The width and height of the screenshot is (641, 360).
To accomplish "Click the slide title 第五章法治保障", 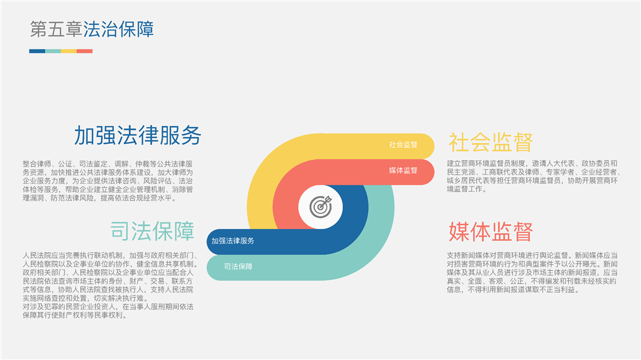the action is coord(92,29).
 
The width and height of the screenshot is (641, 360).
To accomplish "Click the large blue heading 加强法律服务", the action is coord(138,135).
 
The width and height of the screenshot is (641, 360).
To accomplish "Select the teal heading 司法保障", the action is coord(152,231).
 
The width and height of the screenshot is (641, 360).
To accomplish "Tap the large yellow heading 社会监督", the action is coord(491,143).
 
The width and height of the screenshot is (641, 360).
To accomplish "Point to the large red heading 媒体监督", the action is coord(491,232).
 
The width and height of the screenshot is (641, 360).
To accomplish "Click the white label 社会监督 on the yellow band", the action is coord(403,145).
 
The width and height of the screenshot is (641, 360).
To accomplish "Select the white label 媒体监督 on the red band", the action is coord(403,170).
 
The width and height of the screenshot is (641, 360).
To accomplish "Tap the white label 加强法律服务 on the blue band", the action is coord(233,241).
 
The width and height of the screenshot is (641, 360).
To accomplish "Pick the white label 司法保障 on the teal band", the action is coord(238,267).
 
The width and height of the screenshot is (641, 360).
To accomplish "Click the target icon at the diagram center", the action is coord(320,207).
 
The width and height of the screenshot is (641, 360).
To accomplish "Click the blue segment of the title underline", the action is coord(37,51).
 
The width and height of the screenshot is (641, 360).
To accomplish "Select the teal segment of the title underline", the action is coord(53,51).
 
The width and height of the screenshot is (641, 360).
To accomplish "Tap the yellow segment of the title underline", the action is coord(69,51).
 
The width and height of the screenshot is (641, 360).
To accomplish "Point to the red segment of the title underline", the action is coord(85,51).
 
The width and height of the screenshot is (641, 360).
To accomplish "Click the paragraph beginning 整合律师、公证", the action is coord(108,181).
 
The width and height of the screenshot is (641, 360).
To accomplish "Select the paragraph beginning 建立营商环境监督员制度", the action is coord(534,177).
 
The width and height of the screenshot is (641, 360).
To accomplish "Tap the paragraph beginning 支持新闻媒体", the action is coord(532,272).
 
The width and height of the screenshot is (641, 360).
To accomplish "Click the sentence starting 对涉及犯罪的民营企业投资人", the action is coord(108,311).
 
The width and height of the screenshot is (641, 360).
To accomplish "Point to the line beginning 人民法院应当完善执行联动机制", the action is coord(110,255).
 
